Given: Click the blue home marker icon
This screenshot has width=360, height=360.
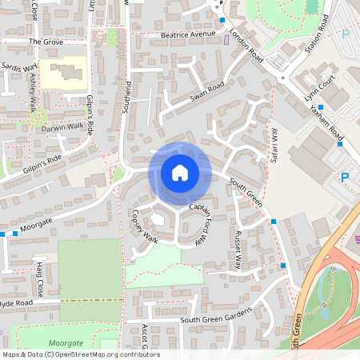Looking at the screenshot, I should tap(179, 173).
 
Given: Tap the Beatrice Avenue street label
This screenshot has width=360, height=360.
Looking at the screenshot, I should tap(188, 35).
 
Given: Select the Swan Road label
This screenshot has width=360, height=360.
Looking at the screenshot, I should tap(206, 94).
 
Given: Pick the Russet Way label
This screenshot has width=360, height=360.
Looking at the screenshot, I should tap(237, 250).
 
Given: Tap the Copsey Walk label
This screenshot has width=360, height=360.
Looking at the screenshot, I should tap(144, 228).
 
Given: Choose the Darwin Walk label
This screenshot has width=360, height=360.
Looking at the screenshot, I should tap(63, 126).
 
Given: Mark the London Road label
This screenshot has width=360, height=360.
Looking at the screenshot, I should tap(246, 46).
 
